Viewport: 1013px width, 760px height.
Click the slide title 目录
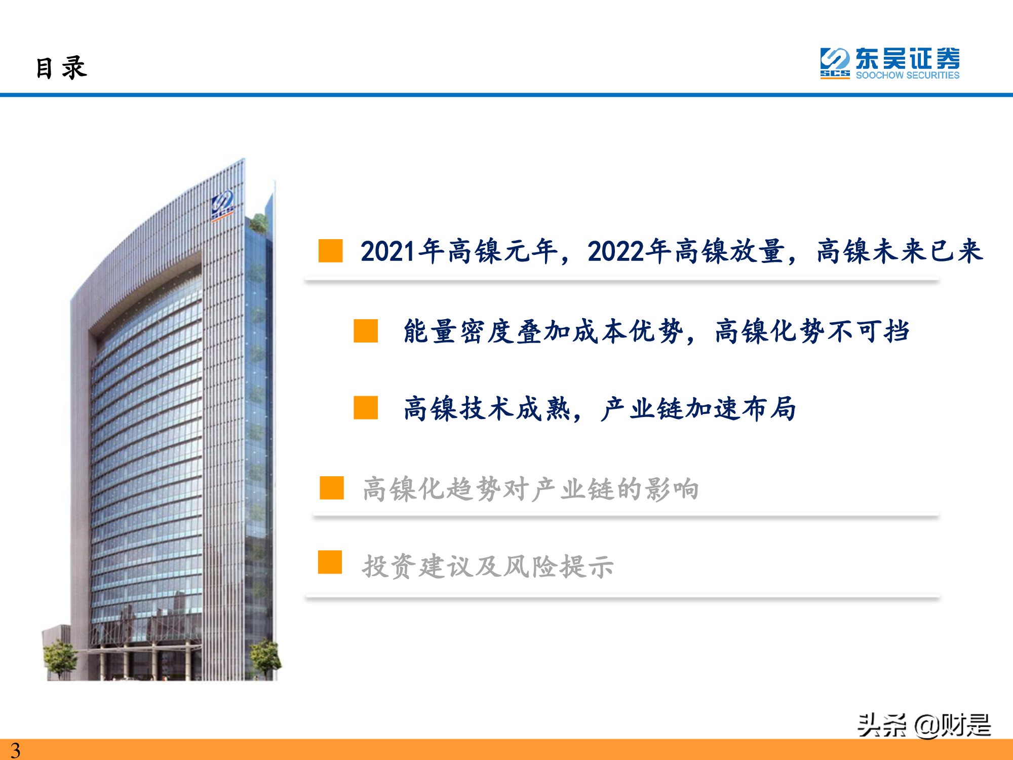point(61,68)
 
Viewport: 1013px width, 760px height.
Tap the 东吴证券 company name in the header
point(908,59)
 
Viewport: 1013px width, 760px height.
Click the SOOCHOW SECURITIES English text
point(908,75)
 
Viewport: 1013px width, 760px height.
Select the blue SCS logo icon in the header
point(835,63)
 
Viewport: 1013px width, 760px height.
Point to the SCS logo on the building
point(222,205)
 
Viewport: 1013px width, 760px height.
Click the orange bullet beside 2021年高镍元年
point(330,251)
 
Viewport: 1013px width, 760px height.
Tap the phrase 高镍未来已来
point(900,251)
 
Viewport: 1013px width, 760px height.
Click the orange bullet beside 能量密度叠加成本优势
point(366,331)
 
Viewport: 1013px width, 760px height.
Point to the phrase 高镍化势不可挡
point(812,332)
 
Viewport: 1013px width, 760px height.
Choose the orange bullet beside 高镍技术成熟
point(366,408)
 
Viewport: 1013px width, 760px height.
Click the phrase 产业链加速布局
point(698,409)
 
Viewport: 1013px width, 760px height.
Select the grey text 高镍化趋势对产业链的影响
point(531,489)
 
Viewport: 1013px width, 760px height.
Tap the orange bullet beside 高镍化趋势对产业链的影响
point(332,488)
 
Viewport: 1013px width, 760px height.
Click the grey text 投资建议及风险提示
point(488,566)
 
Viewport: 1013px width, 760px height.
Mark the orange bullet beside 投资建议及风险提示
point(330,562)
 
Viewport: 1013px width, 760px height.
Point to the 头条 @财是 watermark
point(924,725)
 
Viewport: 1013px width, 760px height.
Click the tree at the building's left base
point(60,659)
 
